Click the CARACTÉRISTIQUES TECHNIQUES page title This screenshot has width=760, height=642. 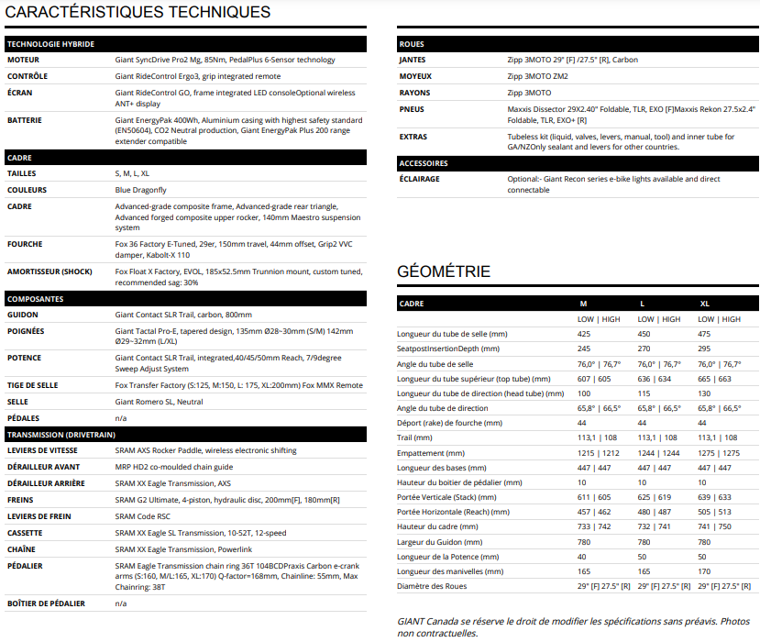(138, 12)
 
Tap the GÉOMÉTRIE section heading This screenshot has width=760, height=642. (444, 271)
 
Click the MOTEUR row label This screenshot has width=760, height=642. (23, 60)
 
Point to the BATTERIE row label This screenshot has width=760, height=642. (24, 120)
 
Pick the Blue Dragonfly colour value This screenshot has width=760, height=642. (140, 190)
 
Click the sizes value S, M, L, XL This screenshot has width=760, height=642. (132, 173)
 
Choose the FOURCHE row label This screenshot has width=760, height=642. (25, 245)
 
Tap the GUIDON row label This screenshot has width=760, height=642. (22, 315)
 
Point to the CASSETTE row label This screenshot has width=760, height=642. (25, 533)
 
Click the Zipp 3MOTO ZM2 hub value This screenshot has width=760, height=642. (537, 76)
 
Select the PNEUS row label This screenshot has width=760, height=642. (412, 109)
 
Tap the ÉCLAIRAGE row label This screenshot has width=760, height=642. (418, 179)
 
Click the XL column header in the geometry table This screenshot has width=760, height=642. (704, 303)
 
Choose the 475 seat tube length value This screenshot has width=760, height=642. (704, 334)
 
